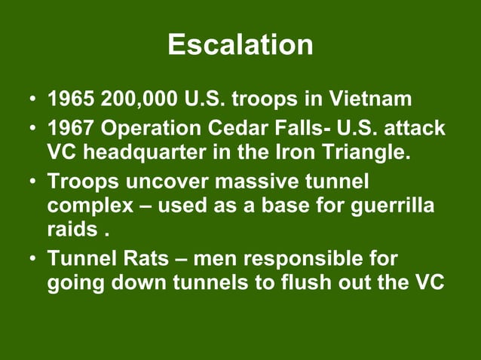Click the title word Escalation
tap(240, 45)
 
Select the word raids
tap(70, 229)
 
